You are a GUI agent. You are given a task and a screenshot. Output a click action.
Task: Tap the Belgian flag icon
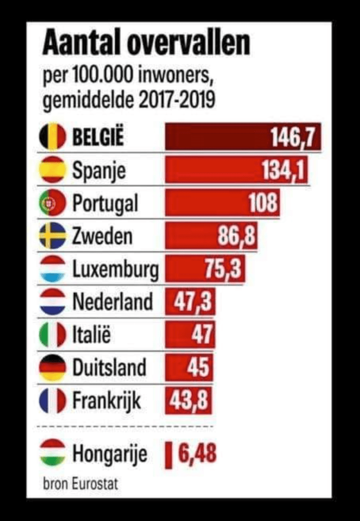(x=52, y=137)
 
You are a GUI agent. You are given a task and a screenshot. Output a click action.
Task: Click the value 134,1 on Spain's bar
(x=284, y=170)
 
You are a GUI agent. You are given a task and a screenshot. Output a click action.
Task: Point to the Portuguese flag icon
(x=52, y=204)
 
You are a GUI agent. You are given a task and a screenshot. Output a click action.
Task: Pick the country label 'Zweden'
(x=102, y=236)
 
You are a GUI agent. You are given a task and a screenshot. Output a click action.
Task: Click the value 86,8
(x=237, y=236)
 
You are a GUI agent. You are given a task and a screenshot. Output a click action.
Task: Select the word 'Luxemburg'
(x=115, y=269)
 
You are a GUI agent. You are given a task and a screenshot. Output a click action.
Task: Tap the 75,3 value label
(x=223, y=269)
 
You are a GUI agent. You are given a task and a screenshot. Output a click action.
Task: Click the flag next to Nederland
(x=52, y=302)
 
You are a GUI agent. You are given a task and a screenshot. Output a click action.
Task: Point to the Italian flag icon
(x=52, y=335)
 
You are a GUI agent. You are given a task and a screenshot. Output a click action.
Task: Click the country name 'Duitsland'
(x=109, y=367)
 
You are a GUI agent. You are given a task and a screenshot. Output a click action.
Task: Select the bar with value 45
(x=189, y=367)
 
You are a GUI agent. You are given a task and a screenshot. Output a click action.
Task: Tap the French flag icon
(x=52, y=400)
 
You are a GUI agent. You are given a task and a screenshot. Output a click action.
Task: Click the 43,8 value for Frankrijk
(x=188, y=400)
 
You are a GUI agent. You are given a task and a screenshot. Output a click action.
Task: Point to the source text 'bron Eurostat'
(x=80, y=483)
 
